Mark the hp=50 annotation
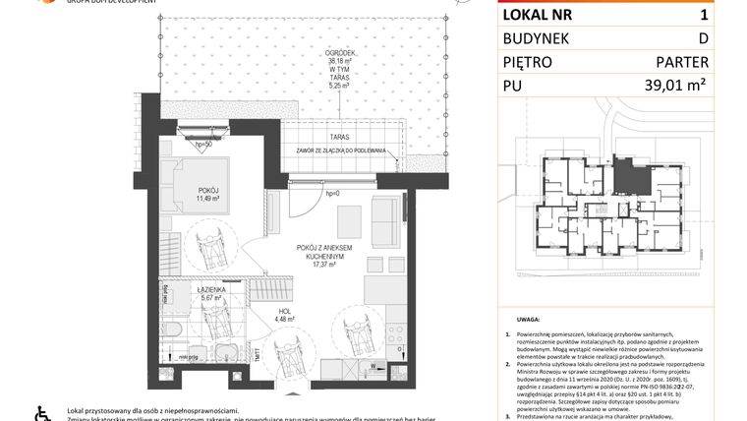[203, 145]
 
